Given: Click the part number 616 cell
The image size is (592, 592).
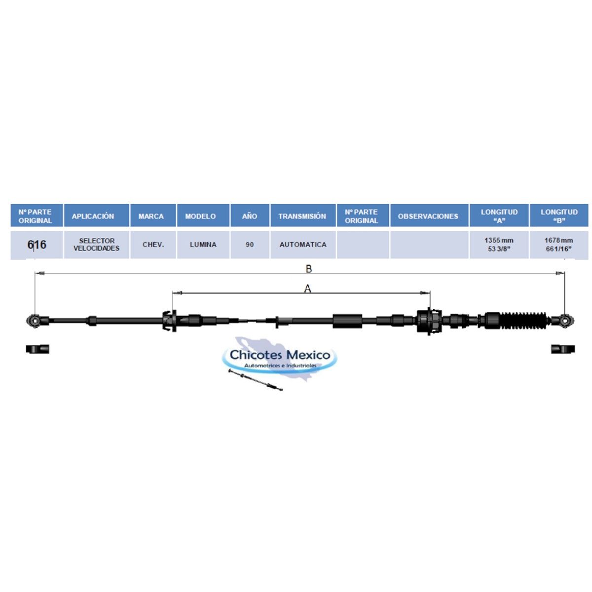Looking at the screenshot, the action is [x=37, y=245].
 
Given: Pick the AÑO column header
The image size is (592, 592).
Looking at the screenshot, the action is [x=250, y=216].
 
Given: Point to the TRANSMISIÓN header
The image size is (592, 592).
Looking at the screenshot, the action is [x=303, y=216].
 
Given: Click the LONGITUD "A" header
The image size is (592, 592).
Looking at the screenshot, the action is [x=499, y=216].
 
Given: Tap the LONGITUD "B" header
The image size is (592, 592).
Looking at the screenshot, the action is [x=559, y=216].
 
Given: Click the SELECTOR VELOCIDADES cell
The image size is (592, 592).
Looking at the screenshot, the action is [x=97, y=245].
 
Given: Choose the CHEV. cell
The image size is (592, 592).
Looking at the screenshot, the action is [x=153, y=245].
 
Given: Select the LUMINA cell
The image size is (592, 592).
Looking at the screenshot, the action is [x=203, y=245].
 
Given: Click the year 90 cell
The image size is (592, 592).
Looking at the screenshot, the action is [x=250, y=245].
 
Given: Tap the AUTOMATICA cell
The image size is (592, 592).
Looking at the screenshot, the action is [x=303, y=245].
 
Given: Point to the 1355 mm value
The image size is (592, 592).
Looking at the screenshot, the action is [x=499, y=240].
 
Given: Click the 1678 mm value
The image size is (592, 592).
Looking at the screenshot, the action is [x=559, y=240].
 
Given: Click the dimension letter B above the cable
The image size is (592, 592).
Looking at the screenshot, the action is [x=309, y=269].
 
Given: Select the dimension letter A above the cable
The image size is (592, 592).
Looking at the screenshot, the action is [x=307, y=289].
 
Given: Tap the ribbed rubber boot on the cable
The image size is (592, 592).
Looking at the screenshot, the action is [x=523, y=321].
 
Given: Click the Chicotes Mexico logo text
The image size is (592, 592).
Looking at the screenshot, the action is [x=280, y=355].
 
